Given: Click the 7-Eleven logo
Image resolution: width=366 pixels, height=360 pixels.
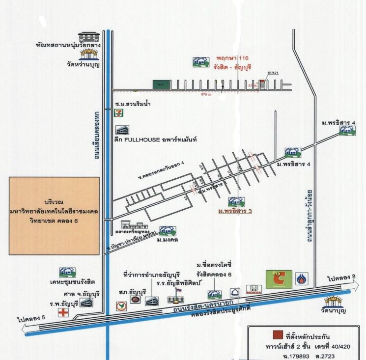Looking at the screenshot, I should (117, 113).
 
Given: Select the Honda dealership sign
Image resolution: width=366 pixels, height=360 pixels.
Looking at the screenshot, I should (254, 290).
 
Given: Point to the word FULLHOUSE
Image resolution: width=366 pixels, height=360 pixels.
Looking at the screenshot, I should (142, 139).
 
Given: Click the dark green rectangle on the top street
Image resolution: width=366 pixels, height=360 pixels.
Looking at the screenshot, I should (158, 84).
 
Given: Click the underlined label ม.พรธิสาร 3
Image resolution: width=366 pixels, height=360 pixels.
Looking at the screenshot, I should (235, 211).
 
